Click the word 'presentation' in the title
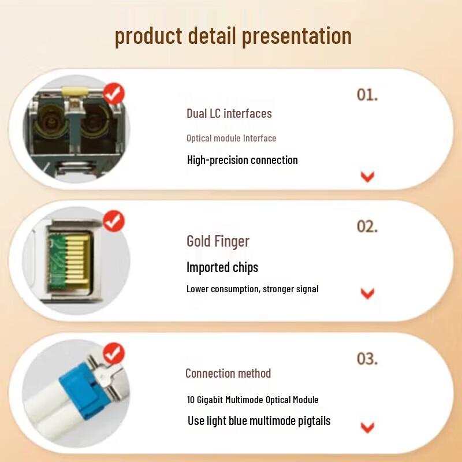[297, 36]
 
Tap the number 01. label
[367, 95]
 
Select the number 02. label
[367, 226]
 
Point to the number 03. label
[367, 359]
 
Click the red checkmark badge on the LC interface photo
[114, 94]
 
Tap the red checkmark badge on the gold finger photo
[114, 221]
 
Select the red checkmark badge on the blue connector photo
[114, 353]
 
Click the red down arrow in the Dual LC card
[367, 177]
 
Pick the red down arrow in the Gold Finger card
[367, 293]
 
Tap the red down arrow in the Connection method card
[367, 428]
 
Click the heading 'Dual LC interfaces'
[229, 113]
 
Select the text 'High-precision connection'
[242, 160]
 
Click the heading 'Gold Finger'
[218, 241]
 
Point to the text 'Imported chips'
[222, 267]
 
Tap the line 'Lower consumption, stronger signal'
[252, 289]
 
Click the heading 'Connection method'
[228, 373]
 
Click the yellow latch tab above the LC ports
[75, 90]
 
